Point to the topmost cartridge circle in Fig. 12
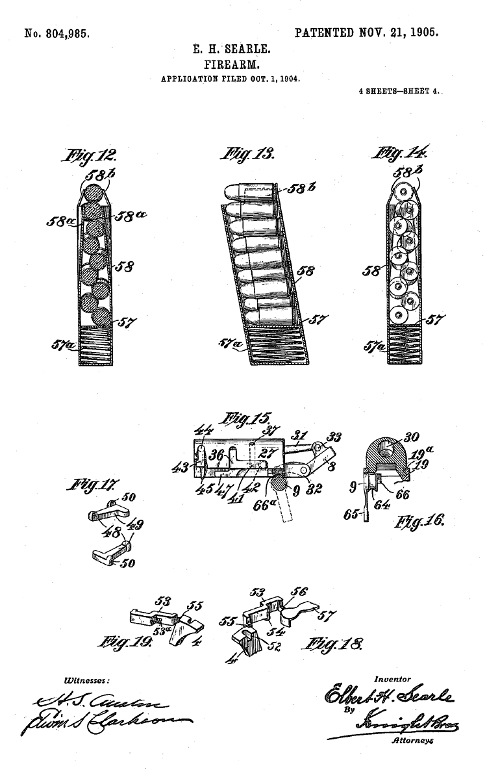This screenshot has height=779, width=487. coord(95,194)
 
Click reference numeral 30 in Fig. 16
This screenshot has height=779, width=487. coord(413,437)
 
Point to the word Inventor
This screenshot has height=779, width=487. coord(392,679)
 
